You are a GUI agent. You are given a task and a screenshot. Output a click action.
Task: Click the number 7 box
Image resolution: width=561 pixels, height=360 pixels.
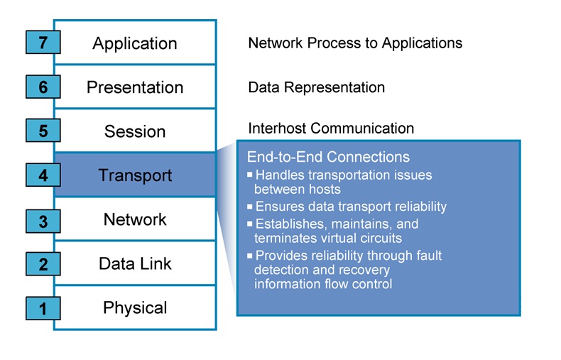pyautogui.click(x=43, y=43)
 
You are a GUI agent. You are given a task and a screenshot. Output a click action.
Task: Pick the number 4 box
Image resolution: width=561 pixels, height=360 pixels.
pyautogui.click(x=43, y=175)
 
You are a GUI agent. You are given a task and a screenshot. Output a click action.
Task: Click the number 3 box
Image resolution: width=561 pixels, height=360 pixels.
pyautogui.click(x=43, y=221)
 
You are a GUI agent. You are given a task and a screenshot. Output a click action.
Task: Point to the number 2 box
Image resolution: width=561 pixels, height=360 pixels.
pyautogui.click(x=43, y=264)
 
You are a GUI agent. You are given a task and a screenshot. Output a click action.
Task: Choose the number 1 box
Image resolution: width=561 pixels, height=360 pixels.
pyautogui.click(x=43, y=308)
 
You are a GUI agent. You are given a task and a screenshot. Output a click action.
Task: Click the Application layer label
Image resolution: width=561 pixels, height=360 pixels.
pyautogui.click(x=135, y=43)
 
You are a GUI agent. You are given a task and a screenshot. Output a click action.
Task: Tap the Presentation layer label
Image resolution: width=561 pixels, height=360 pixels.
pyautogui.click(x=135, y=87)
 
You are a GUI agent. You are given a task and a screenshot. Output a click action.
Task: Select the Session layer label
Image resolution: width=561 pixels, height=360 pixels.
pyautogui.click(x=135, y=131)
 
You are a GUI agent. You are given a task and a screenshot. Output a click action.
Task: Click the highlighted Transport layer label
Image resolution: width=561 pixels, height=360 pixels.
pyautogui.click(x=135, y=175)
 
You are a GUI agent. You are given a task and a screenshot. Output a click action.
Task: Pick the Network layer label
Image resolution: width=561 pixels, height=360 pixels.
pyautogui.click(x=135, y=219)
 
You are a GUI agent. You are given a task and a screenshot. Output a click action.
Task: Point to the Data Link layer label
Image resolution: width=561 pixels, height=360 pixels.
pyautogui.click(x=135, y=263)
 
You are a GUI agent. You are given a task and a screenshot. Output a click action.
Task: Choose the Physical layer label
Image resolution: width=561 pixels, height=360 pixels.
pyautogui.click(x=135, y=307)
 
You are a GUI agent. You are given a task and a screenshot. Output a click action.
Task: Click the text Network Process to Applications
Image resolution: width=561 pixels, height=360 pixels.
pyautogui.click(x=355, y=43)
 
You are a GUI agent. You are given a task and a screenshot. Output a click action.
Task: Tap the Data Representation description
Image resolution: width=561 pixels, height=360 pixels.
pyautogui.click(x=316, y=87)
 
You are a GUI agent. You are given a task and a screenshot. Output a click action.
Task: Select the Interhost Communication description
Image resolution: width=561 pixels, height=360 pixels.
pyautogui.click(x=331, y=129)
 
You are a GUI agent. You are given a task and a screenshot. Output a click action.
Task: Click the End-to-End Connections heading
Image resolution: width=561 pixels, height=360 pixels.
pyautogui.click(x=328, y=157)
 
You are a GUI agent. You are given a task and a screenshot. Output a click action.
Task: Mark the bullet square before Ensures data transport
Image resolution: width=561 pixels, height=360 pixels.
pyautogui.click(x=250, y=207)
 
